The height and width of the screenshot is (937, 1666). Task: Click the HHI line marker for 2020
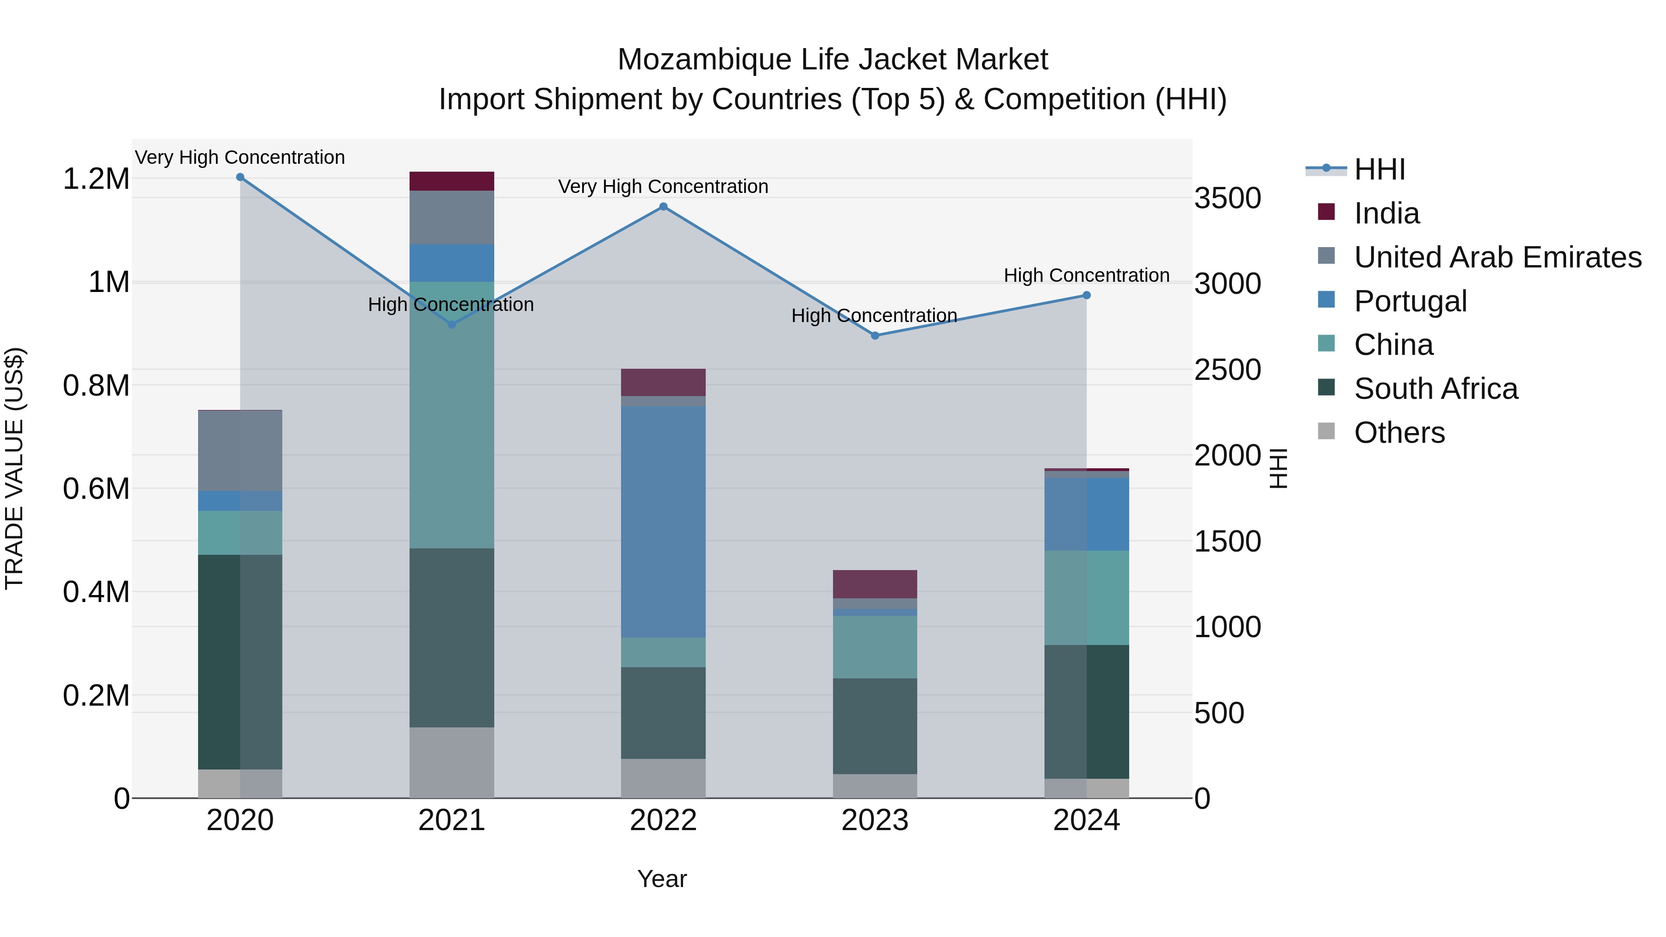240,177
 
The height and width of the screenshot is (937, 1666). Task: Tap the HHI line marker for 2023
874,335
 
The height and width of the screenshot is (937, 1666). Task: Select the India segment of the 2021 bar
451,181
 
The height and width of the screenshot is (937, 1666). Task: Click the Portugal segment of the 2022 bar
663,522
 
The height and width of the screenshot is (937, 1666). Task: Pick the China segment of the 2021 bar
451,415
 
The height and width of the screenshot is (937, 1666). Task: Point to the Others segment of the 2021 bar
451,763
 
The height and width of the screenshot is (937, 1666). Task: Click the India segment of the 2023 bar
874,584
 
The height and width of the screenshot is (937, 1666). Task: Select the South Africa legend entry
1435,389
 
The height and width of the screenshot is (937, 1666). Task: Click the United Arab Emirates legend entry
1497,257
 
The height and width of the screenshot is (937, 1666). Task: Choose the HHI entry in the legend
1379,169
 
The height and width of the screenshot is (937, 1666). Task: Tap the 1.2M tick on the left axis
96,179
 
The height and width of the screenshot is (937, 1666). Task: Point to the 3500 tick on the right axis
1227,198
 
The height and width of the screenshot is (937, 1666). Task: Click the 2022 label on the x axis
663,820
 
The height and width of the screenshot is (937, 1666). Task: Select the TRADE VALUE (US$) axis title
14,468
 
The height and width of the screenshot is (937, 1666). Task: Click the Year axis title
662,879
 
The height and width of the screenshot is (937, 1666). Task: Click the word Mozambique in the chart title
703,60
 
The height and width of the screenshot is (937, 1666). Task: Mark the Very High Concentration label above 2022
663,186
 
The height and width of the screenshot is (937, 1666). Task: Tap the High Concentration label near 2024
1086,275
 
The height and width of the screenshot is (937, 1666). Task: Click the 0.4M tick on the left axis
96,592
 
